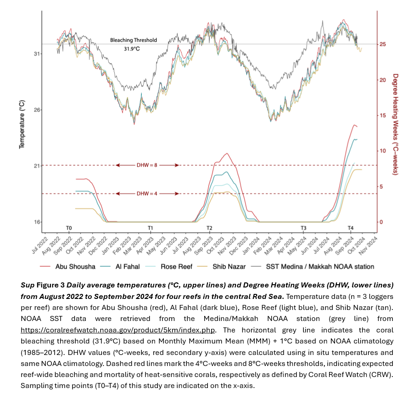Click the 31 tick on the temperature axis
(x=37, y=54)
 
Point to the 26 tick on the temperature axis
(x=37, y=110)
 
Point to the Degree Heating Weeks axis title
(x=395, y=124)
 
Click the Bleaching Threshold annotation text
(x=134, y=40)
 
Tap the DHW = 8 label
(x=147, y=165)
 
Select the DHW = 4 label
(x=147, y=194)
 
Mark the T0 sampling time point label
(x=69, y=228)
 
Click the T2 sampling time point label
(x=209, y=228)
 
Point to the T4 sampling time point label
(x=350, y=228)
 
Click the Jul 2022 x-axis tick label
(x=39, y=244)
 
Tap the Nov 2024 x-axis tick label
(x=369, y=244)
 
